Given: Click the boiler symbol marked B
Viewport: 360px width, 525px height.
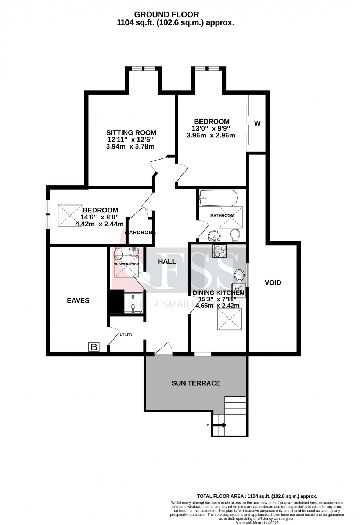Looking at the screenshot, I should (x=94, y=347).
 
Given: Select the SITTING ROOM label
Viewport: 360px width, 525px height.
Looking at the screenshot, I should (x=131, y=133).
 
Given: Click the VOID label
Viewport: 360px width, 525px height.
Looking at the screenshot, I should (x=273, y=282).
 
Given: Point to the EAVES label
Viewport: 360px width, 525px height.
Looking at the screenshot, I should (x=78, y=300).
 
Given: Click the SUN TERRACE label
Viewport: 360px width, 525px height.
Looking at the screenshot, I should (x=196, y=383).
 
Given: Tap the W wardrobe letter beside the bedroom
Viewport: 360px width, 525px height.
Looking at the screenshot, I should (x=257, y=124).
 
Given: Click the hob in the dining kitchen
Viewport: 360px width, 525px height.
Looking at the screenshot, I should (x=220, y=251).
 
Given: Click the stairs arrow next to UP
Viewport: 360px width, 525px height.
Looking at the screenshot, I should (x=220, y=425).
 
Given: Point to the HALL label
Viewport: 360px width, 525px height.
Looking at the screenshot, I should (x=167, y=261).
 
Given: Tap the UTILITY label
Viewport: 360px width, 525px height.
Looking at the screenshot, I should (x=126, y=335).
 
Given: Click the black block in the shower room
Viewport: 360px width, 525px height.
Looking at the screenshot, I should (x=117, y=302).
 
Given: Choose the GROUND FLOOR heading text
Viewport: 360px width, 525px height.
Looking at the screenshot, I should (x=166, y=15).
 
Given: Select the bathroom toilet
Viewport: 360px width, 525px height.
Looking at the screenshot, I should (x=235, y=235).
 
